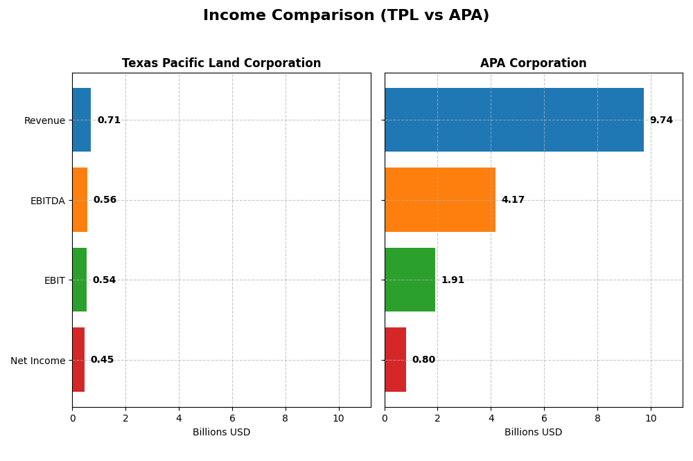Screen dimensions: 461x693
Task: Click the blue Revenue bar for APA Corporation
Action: click(x=514, y=120)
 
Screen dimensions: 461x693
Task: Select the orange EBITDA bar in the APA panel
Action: click(x=439, y=200)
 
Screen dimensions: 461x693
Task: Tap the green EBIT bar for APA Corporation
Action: click(x=410, y=280)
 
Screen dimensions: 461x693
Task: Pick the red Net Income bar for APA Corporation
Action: click(x=395, y=360)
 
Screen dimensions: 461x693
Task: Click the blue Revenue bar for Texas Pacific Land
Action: click(x=81, y=120)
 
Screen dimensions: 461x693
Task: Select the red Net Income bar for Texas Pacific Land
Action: click(x=78, y=360)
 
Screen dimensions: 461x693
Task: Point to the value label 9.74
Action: click(x=661, y=120)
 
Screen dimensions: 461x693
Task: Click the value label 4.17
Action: click(x=513, y=200)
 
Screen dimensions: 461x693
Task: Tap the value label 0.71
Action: click(x=109, y=120)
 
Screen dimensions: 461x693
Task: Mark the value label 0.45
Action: click(x=102, y=360)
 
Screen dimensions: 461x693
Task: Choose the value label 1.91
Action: click(x=453, y=280)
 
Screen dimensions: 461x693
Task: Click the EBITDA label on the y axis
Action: click(x=47, y=201)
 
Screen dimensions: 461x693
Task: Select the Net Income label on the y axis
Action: click(x=37, y=361)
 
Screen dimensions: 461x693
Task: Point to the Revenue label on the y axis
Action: click(x=44, y=121)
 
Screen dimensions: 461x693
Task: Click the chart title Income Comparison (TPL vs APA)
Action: click(x=346, y=16)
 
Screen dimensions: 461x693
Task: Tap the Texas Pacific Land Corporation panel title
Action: click(x=221, y=64)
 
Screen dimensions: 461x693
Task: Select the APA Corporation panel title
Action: click(x=533, y=64)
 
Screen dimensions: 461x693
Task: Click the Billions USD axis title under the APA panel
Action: click(x=533, y=433)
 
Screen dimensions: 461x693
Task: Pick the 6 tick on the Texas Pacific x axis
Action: click(x=232, y=418)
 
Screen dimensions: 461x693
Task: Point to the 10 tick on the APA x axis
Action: click(x=651, y=418)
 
